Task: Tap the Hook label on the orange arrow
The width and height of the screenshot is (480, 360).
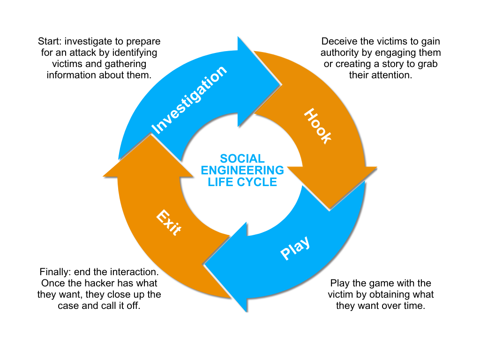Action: pyautogui.click(x=318, y=126)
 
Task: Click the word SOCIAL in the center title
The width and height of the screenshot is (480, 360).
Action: pyautogui.click(x=242, y=159)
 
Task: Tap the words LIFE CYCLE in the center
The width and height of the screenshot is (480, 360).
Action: pyautogui.click(x=242, y=182)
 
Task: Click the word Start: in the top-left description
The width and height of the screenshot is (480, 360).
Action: pyautogui.click(x=51, y=41)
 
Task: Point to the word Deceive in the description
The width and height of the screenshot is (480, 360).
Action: pyautogui.click(x=338, y=41)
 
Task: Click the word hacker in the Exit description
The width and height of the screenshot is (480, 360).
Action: pyautogui.click(x=108, y=283)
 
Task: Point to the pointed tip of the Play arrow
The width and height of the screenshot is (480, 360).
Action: pyautogui.click(x=205, y=268)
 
